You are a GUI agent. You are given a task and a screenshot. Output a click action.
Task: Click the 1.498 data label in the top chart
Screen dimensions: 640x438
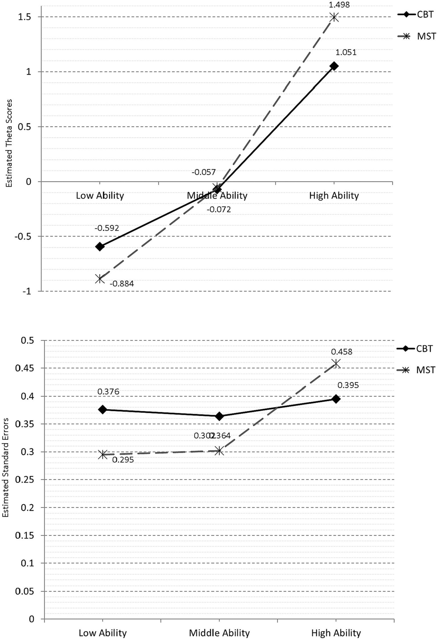click(x=339, y=5)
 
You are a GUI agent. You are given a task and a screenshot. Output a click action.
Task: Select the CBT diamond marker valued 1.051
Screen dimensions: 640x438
click(x=334, y=66)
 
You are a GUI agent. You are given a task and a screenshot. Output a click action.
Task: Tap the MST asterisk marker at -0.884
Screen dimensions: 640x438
click(x=100, y=279)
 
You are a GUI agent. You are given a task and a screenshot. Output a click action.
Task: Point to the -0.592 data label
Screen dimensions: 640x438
click(x=107, y=228)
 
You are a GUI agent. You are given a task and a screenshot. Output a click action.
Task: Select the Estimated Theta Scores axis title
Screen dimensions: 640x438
click(x=9, y=143)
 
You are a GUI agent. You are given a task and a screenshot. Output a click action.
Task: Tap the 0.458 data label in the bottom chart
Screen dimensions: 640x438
click(x=342, y=352)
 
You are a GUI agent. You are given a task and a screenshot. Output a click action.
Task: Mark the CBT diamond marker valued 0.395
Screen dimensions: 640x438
click(x=336, y=399)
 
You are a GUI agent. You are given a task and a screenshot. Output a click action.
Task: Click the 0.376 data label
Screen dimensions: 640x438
click(x=108, y=392)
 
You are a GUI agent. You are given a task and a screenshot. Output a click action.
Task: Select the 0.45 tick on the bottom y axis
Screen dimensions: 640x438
click(x=25, y=368)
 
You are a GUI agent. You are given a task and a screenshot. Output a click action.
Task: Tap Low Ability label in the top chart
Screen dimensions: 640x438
click(x=100, y=196)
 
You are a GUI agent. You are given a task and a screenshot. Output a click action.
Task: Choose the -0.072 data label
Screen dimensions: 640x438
click(x=219, y=210)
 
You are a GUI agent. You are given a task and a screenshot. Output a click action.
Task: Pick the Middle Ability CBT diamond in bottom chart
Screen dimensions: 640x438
click(x=219, y=416)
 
